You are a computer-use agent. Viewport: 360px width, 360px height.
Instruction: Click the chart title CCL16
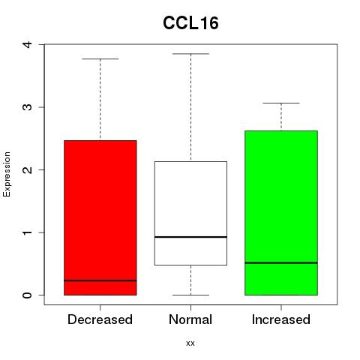tap(190, 23)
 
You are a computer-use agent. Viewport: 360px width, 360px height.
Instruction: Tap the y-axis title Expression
tap(7, 174)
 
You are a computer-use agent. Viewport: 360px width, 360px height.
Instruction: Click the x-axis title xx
tap(190, 343)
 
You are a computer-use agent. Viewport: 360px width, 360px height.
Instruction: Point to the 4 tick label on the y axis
tap(28, 45)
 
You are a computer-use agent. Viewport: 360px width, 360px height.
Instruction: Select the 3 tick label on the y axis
tap(28, 107)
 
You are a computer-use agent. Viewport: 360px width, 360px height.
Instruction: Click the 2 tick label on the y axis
tap(28, 169)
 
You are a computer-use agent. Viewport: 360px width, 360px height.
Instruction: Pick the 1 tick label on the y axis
tap(28, 232)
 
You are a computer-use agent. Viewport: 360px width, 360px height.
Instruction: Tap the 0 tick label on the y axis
tap(28, 295)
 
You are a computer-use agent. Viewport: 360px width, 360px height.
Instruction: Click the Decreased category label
tap(100, 319)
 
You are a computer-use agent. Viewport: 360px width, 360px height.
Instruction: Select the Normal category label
tap(190, 319)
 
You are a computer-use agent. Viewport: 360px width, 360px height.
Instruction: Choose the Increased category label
tap(281, 319)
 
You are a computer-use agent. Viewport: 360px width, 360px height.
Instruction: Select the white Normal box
tap(190, 213)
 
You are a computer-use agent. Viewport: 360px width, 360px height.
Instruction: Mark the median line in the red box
tap(100, 280)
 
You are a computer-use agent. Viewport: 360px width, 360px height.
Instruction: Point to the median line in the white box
tap(190, 237)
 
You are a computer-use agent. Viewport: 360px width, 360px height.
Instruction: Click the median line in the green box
tap(281, 262)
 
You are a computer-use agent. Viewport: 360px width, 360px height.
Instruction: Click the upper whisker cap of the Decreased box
tap(100, 59)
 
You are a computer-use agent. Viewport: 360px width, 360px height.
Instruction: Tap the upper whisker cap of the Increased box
tap(281, 103)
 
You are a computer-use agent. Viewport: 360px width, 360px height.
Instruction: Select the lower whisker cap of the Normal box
tap(190, 295)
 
